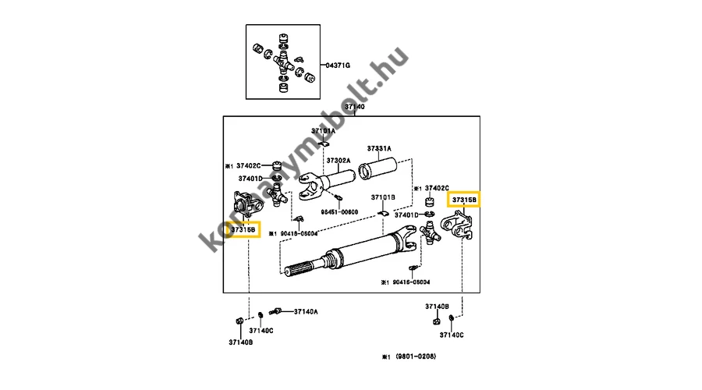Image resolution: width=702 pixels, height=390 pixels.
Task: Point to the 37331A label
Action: tap(379, 148)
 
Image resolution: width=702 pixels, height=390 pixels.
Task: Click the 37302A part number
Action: tap(339, 161)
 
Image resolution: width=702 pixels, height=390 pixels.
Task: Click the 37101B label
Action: tap(383, 197)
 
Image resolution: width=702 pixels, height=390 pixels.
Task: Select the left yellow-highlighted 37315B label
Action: tap(243, 229)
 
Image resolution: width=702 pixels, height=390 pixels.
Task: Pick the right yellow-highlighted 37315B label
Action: tap(464, 200)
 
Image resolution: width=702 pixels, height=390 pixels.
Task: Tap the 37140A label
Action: tap(306, 312)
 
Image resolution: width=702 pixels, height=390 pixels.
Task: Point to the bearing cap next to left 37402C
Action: tap(277, 165)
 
